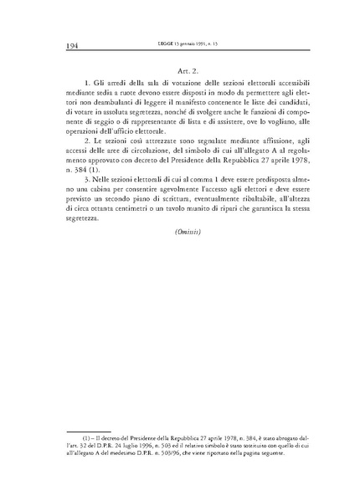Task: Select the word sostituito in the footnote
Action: coord(248,457)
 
